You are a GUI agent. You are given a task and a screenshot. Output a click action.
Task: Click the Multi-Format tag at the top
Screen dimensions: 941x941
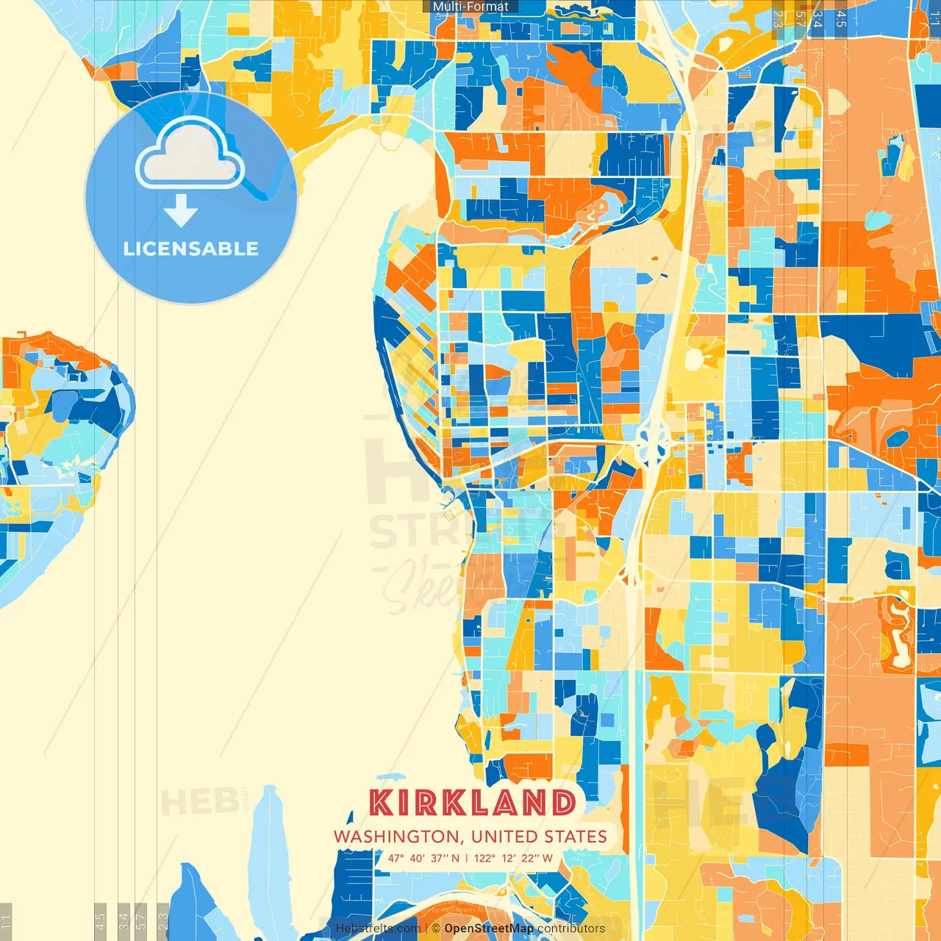470,7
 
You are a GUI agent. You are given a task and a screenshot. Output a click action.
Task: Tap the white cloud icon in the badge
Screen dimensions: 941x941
190,155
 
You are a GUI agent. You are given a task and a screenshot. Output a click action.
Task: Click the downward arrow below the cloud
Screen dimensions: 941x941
181,211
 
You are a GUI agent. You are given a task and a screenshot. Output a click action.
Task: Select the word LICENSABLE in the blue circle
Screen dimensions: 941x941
191,248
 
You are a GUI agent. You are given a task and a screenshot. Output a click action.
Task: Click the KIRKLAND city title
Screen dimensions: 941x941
472,803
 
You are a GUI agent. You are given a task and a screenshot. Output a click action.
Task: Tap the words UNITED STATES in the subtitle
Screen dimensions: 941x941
539,837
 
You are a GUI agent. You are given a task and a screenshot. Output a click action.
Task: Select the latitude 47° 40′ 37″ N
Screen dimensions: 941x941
423,858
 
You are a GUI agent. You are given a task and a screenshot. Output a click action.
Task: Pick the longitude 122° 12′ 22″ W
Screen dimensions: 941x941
513,858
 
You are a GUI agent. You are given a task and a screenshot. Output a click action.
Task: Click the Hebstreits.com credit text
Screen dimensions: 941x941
378,929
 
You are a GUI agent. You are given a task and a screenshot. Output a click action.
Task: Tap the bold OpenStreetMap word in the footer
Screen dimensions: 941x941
489,929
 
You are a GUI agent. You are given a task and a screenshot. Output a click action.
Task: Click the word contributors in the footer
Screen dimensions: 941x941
571,929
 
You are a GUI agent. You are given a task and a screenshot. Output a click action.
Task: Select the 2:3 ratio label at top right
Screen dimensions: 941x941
778,18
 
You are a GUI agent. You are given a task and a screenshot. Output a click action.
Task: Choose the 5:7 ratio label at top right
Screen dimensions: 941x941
799,18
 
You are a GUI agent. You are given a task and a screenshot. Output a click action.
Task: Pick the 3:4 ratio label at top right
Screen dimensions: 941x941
817,18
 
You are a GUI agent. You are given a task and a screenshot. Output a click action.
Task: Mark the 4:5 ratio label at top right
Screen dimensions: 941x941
840,18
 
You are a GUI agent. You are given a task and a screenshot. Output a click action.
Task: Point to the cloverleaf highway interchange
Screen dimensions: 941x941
651,442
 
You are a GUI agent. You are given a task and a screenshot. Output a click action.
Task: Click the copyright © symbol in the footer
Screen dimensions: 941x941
436,929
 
